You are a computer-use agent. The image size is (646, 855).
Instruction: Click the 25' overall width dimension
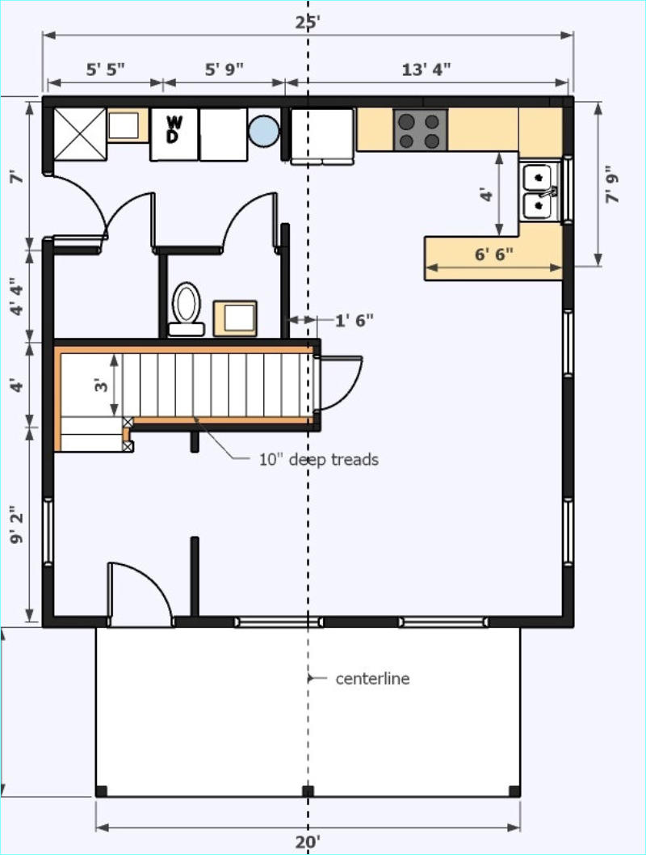(308, 23)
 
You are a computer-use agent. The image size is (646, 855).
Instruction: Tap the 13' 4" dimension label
(426, 69)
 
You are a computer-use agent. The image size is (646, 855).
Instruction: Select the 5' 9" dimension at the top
(224, 69)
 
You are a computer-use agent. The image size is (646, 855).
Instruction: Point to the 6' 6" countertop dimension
(493, 255)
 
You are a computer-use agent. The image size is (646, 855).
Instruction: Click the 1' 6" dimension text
(354, 320)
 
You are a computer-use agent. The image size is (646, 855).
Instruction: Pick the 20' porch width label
(308, 842)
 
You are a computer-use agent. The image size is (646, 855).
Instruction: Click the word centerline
(372, 678)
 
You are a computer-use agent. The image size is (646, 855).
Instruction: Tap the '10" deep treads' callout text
(319, 460)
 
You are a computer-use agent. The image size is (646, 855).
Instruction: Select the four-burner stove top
(420, 130)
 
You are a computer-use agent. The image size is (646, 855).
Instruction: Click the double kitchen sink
(539, 192)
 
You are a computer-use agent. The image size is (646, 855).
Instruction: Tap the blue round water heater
(263, 131)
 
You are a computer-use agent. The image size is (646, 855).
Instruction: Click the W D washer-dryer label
(174, 128)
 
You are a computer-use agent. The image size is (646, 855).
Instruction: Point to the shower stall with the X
(79, 134)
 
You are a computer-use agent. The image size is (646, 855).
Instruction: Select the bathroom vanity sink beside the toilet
(235, 318)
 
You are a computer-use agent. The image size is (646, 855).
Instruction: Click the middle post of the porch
(308, 791)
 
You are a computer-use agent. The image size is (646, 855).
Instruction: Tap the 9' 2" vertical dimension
(17, 524)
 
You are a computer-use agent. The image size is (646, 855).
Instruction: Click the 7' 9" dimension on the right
(614, 184)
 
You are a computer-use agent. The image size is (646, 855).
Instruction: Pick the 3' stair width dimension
(102, 385)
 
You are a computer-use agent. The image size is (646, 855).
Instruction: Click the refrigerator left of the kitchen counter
(322, 136)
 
